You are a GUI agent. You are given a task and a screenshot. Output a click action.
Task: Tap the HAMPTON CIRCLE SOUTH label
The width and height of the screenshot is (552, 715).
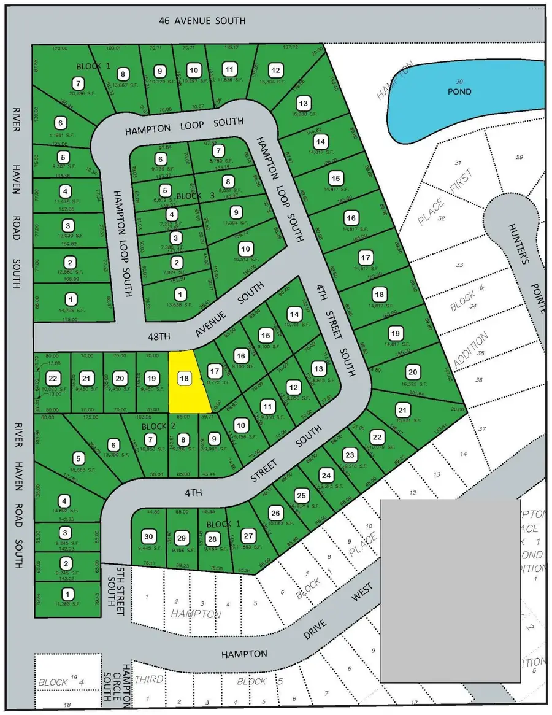[x=126, y=688]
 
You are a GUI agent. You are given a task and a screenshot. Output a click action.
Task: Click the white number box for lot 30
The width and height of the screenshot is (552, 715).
[x=148, y=534]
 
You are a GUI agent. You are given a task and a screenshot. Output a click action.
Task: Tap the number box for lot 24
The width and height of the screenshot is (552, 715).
[x=326, y=475]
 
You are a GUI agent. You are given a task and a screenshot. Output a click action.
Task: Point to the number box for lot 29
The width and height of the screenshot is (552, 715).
[x=181, y=538]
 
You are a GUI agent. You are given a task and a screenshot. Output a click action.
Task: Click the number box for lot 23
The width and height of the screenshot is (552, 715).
[x=350, y=455]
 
